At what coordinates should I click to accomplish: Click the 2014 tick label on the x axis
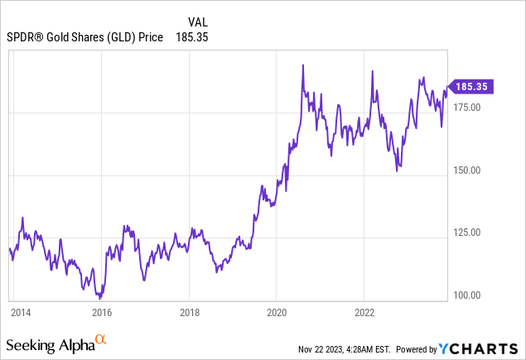[21, 313]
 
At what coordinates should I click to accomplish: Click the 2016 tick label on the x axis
[101, 313]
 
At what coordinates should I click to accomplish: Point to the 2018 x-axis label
[190, 313]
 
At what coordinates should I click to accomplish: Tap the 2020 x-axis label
[277, 313]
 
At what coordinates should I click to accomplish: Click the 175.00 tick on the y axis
[468, 107]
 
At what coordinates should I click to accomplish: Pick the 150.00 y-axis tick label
[468, 170]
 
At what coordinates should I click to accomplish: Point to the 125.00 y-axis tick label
[468, 233]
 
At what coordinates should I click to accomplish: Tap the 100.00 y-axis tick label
[468, 295]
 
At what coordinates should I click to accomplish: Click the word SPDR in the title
[23, 37]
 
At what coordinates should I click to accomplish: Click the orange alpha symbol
[100, 339]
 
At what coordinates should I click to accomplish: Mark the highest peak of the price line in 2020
[303, 65]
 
